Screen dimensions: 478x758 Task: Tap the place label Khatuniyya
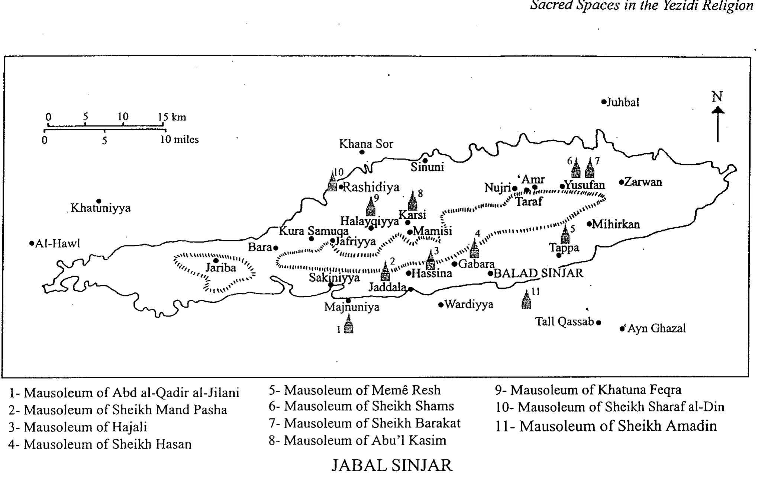[101, 208]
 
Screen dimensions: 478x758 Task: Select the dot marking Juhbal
[604, 102]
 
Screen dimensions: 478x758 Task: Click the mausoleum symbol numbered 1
[348, 324]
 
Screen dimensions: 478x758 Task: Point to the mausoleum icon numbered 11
[526, 300]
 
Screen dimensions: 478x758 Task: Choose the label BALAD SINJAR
[538, 273]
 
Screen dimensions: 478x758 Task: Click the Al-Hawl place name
[58, 244]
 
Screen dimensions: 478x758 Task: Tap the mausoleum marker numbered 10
[332, 181]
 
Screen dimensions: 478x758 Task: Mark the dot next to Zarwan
[621, 182]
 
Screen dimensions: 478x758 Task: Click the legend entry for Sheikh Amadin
[606, 426]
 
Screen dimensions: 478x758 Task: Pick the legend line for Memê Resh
[355, 390]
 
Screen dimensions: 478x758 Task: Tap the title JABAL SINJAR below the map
[392, 465]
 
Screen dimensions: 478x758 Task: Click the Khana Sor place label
[366, 144]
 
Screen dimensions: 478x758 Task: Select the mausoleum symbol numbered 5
[565, 235]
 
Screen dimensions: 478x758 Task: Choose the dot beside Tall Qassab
[599, 323]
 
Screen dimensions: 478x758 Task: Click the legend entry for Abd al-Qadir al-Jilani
[124, 393]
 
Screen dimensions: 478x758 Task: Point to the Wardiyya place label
[469, 305]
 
